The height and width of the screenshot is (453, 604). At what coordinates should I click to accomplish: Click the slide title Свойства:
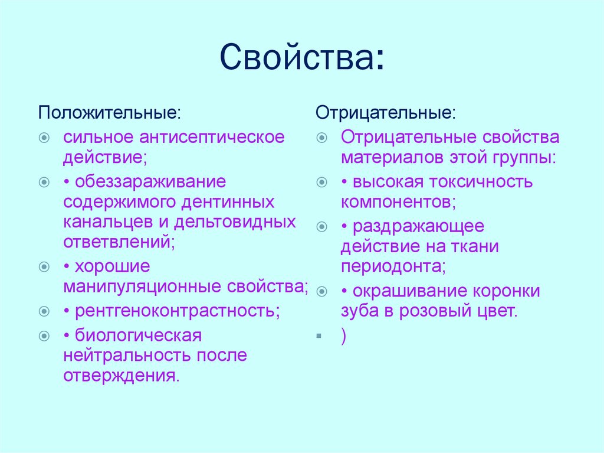tap(302, 57)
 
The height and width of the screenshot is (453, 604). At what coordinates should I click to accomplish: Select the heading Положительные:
tap(110, 112)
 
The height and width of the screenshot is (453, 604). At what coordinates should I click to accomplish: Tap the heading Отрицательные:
tap(385, 112)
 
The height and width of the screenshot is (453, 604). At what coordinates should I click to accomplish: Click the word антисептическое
tap(212, 138)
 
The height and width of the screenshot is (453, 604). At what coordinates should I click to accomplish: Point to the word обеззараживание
tap(150, 181)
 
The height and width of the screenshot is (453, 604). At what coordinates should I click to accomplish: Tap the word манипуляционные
tap(143, 287)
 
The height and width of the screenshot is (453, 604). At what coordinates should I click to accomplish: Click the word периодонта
tap(392, 266)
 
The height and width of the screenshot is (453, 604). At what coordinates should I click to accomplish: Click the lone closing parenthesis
tap(343, 335)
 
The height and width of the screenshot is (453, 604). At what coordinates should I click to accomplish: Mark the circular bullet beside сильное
tap(44, 138)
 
